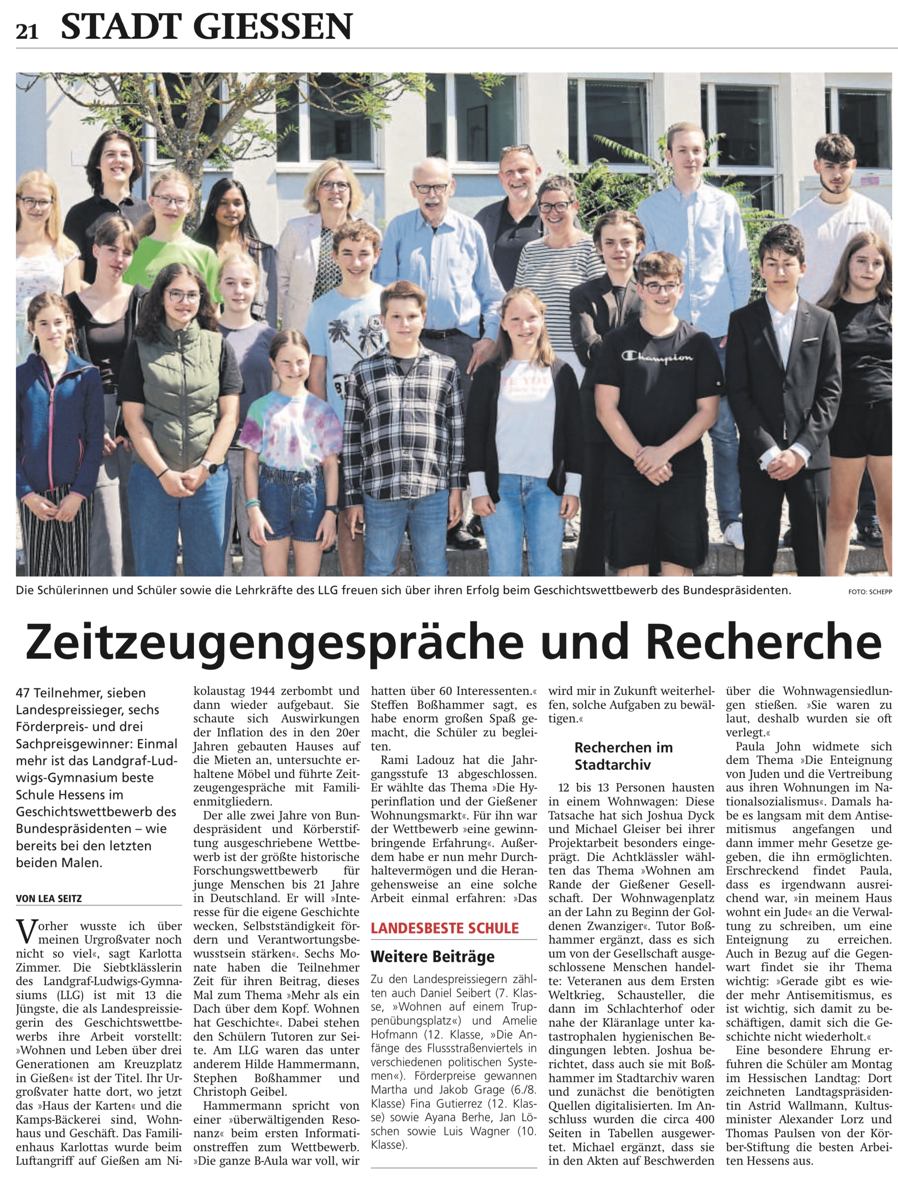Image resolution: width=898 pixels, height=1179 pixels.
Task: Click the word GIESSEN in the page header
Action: (272, 27)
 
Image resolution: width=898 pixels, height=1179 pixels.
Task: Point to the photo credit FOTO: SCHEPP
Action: (870, 592)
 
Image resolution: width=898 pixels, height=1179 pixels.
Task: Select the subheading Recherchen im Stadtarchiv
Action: (623, 756)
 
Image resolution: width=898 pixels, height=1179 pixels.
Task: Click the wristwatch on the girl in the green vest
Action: (210, 466)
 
